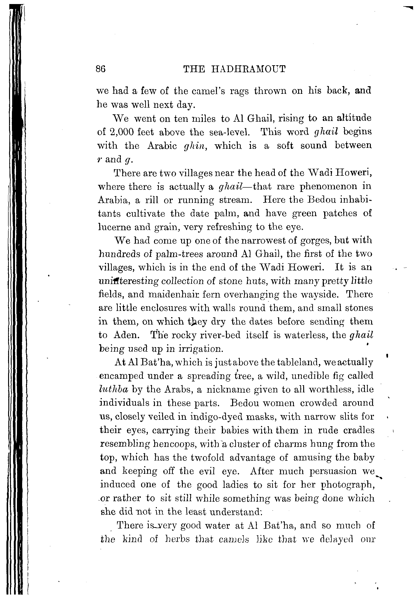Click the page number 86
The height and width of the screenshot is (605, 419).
[101, 69]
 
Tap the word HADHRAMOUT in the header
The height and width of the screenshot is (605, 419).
[248, 69]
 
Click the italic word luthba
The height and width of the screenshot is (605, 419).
[114, 390]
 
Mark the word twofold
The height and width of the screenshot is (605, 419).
[207, 457]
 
